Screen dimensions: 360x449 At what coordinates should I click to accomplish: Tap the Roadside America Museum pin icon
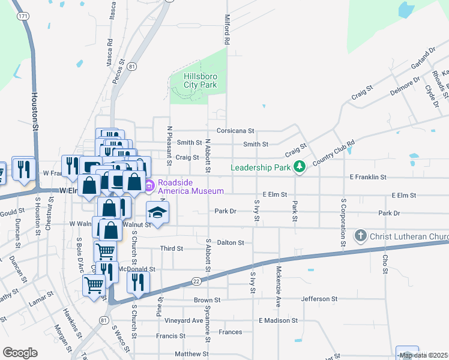[x=148, y=186]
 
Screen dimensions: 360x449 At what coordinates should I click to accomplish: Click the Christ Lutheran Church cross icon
[x=360, y=236]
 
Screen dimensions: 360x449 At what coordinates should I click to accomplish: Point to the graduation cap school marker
[x=157, y=212]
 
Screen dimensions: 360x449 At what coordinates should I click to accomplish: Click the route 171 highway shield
[x=22, y=16]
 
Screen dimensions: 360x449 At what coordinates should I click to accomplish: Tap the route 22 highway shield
[x=196, y=281]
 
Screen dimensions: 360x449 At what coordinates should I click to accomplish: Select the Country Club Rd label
[x=334, y=152]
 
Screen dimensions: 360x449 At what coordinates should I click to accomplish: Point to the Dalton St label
[x=230, y=243]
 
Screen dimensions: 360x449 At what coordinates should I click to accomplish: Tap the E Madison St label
[x=279, y=321]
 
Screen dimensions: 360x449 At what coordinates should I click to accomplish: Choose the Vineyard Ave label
[x=184, y=321]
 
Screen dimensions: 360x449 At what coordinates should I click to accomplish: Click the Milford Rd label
[x=228, y=30]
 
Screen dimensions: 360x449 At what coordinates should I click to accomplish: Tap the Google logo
[x=20, y=353]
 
